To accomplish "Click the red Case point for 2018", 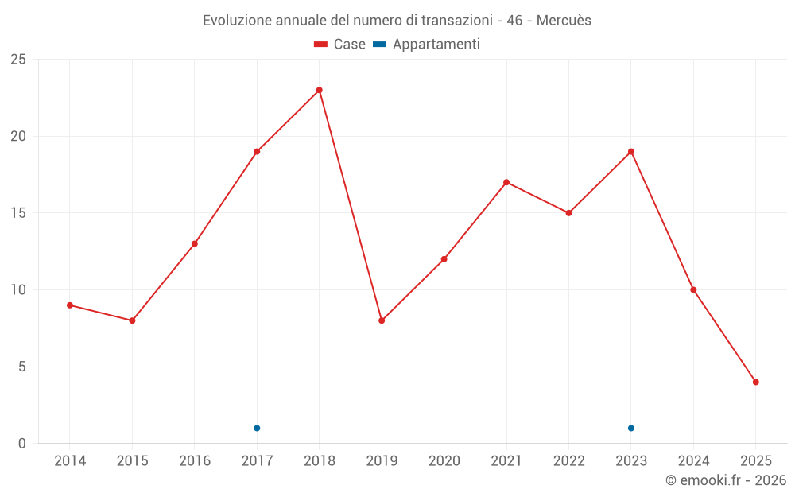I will coord(320,90).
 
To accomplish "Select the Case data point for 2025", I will coord(756,382).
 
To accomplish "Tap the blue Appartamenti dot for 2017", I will coord(257,428).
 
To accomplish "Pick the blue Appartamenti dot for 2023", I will coord(631,428).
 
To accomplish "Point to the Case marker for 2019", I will coord(382,320).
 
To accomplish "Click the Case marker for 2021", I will coord(506,182).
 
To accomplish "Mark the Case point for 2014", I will coord(70,305).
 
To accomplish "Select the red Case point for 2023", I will coord(631,151).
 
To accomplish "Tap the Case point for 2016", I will coord(195,243).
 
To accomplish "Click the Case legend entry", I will coord(340,45).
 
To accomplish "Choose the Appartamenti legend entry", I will coord(427,45).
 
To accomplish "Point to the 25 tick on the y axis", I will coord(17,60).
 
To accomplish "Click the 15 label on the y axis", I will coord(17,213).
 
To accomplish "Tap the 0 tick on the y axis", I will coord(21,444).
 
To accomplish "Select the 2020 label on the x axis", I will coord(444,461).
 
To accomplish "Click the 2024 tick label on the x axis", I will coord(693,461).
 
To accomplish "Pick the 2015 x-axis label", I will coord(132,461).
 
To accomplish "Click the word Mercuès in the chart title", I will coord(564,21).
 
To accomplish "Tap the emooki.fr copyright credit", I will coord(726,480).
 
